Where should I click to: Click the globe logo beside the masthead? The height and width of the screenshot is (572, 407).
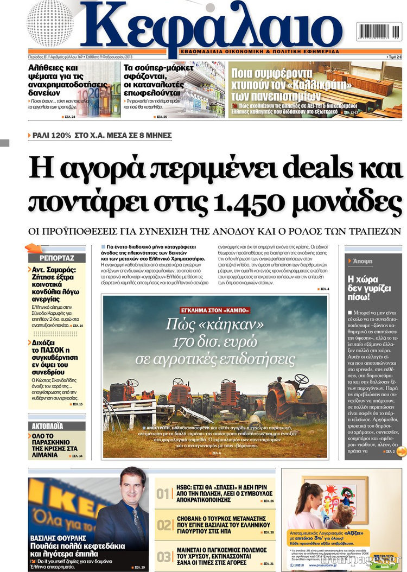point(50,23)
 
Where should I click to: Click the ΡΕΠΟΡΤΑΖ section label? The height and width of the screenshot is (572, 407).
point(56,258)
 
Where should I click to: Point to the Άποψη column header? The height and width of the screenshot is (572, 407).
point(362,261)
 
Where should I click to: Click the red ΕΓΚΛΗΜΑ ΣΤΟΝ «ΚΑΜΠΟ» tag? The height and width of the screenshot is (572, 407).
point(215,310)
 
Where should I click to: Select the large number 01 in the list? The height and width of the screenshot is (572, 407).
point(164,494)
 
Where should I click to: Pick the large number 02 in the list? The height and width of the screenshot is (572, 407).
point(164,525)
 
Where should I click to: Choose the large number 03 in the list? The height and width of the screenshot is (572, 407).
point(164,556)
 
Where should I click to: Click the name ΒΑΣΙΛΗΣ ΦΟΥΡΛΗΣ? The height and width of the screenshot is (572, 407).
point(56,538)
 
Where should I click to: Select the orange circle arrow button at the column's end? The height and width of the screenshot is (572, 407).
point(401,452)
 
